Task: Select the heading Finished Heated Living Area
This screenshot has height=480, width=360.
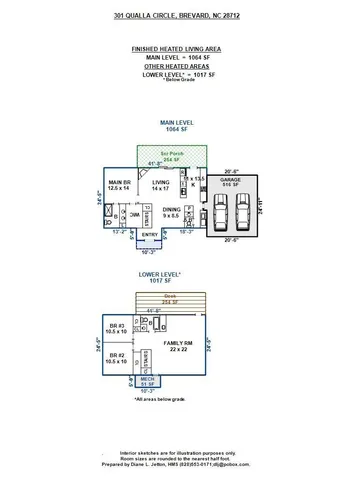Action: [x=178, y=48]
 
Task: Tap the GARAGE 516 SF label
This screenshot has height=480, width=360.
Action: [x=232, y=182]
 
